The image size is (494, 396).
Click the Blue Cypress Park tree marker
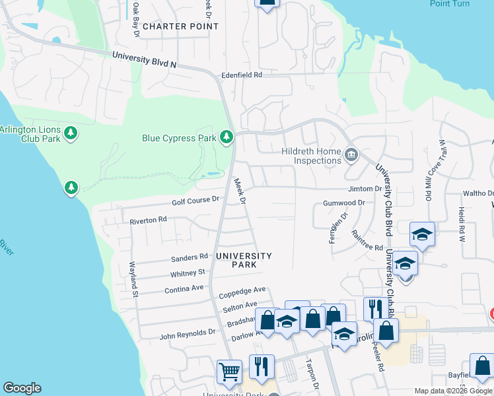(227, 137)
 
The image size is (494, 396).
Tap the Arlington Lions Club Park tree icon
(71, 134)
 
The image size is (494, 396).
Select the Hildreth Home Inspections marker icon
(351, 155)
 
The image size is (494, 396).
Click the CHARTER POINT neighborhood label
(180, 26)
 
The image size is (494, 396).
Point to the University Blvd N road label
(145, 59)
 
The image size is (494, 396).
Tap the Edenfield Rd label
(242, 75)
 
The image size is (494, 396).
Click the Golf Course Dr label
(195, 201)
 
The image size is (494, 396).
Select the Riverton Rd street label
(148, 221)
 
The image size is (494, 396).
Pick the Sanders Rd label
(190, 258)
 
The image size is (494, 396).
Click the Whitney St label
(188, 273)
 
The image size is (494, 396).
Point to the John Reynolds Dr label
(188, 336)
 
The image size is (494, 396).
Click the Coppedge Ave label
(242, 290)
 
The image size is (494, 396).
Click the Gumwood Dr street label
(343, 203)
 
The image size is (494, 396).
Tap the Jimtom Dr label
(365, 189)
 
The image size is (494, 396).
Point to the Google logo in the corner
(22, 388)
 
